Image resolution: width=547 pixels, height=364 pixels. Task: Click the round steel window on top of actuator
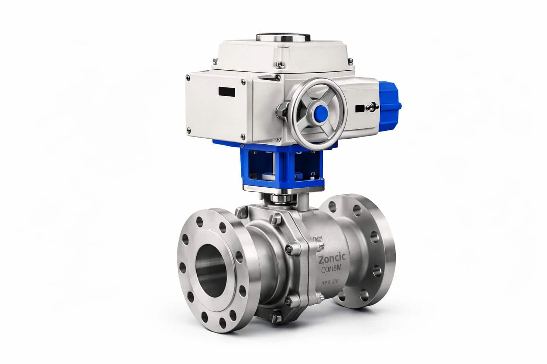(x=283, y=38)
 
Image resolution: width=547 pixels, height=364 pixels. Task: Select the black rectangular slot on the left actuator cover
(x=227, y=91)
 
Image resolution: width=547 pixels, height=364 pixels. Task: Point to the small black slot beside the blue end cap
(x=360, y=108)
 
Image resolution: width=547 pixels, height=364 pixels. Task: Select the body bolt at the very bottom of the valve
(x=276, y=315)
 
